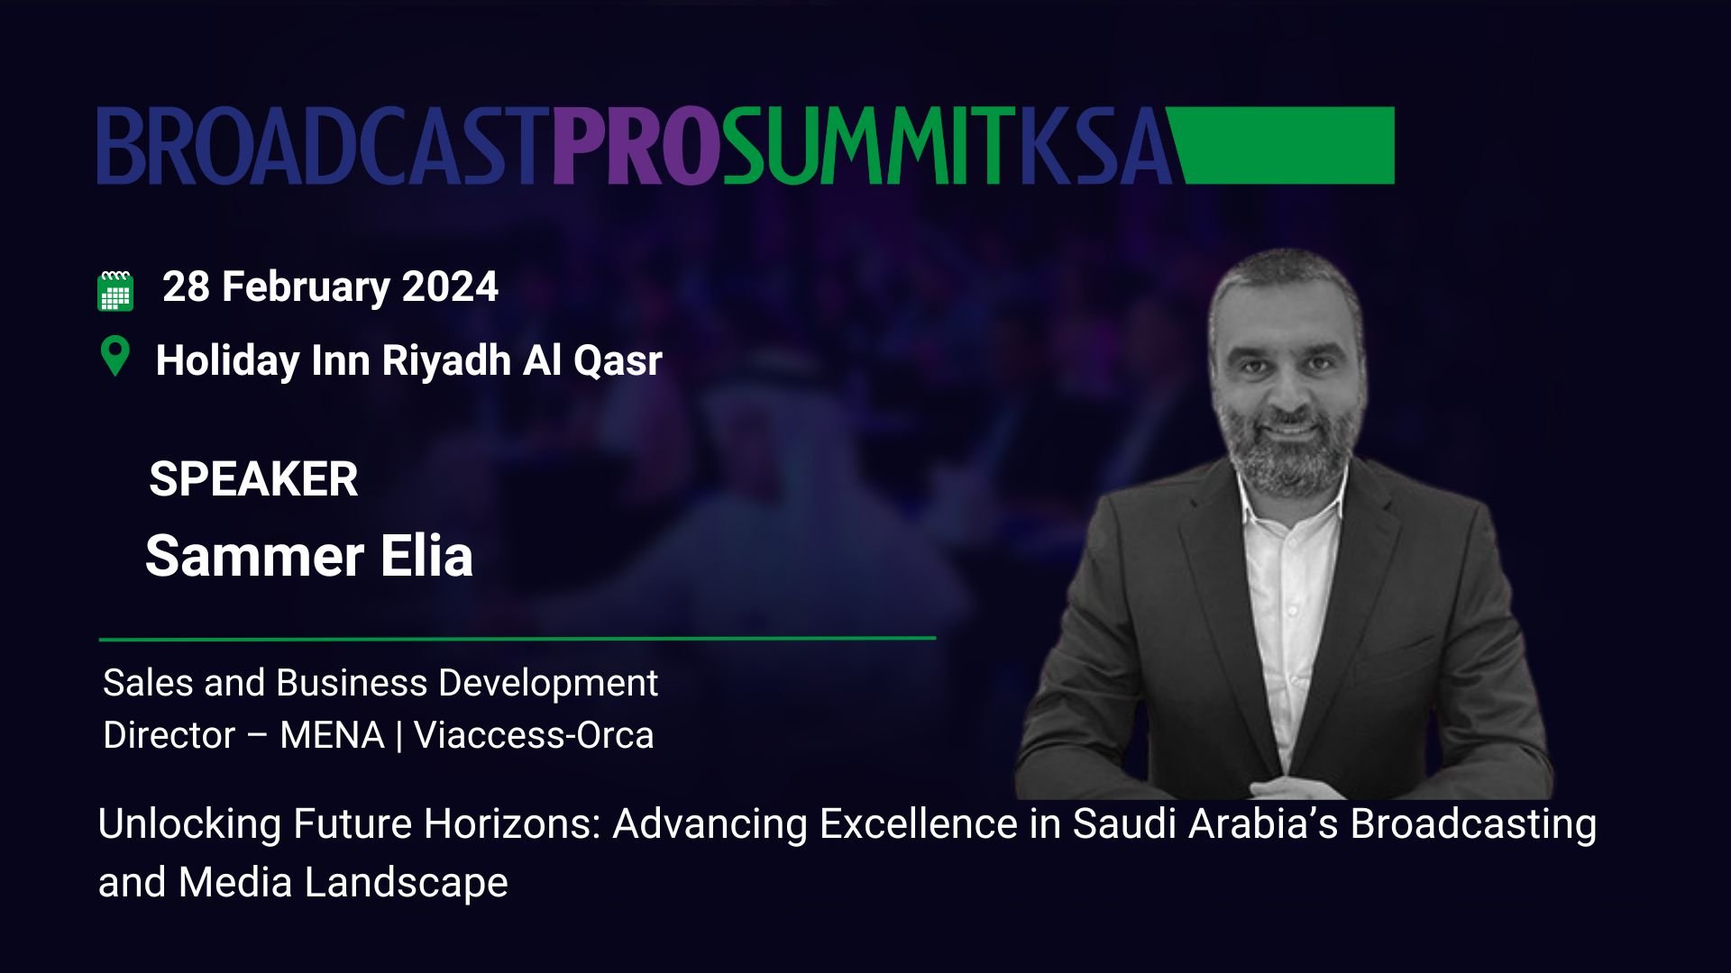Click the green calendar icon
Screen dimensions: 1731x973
point(115,290)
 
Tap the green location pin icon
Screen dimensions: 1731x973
point(114,357)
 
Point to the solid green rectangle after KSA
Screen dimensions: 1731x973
point(1284,146)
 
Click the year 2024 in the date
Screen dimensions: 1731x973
point(450,286)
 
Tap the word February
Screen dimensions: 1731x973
point(306,287)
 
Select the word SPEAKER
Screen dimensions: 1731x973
point(253,478)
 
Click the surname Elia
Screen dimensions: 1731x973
point(426,555)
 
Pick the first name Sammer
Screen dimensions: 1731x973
point(254,556)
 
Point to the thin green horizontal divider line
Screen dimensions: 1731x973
point(517,638)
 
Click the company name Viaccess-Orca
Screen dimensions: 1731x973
point(534,735)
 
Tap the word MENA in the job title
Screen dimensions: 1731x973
point(332,735)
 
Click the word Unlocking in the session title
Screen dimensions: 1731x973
point(189,824)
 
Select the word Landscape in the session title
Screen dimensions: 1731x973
point(407,883)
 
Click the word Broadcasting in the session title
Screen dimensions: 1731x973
point(1473,824)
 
